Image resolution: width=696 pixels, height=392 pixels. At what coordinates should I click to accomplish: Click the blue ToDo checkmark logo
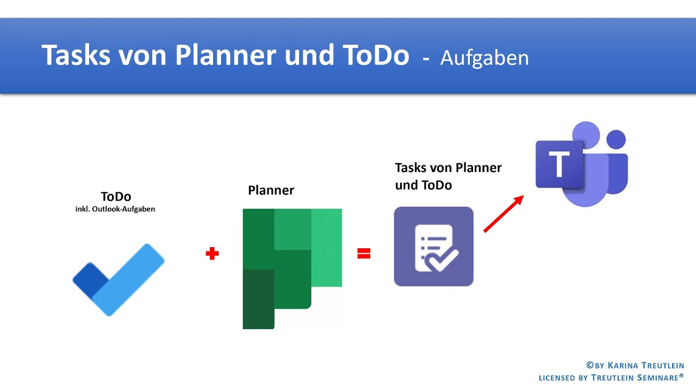(119, 279)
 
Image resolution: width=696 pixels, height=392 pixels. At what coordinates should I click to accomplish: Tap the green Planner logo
(291, 268)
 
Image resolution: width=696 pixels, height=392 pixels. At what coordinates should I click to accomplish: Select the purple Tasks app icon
(433, 247)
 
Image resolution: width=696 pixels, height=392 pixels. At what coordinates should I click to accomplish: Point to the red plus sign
(212, 254)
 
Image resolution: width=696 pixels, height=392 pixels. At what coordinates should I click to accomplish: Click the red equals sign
(364, 253)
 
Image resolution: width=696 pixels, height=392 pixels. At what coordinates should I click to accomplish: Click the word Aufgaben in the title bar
(484, 58)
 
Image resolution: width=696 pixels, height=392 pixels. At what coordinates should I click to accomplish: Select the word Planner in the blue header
(226, 55)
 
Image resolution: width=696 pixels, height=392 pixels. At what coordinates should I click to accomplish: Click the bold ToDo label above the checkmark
(116, 197)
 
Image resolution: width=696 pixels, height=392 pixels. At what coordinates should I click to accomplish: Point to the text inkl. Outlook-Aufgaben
(115, 209)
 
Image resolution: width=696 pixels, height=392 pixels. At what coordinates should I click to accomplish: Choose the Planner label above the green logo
(271, 191)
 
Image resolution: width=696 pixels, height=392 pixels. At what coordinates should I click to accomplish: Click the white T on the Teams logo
(558, 164)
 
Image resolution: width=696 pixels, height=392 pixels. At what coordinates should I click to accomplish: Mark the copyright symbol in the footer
(589, 366)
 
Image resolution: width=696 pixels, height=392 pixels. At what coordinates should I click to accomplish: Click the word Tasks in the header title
(74, 55)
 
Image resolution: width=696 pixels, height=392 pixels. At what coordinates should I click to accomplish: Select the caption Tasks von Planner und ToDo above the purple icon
(448, 176)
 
